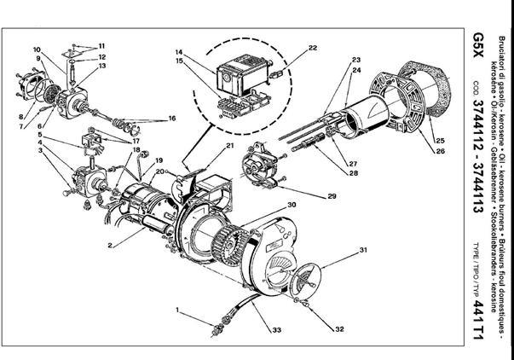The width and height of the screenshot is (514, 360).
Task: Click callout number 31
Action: coord(363,249)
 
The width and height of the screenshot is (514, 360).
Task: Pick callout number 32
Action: coord(339,328)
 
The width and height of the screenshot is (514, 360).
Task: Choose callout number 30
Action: coord(291,205)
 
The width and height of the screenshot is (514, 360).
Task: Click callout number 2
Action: coord(110,245)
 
